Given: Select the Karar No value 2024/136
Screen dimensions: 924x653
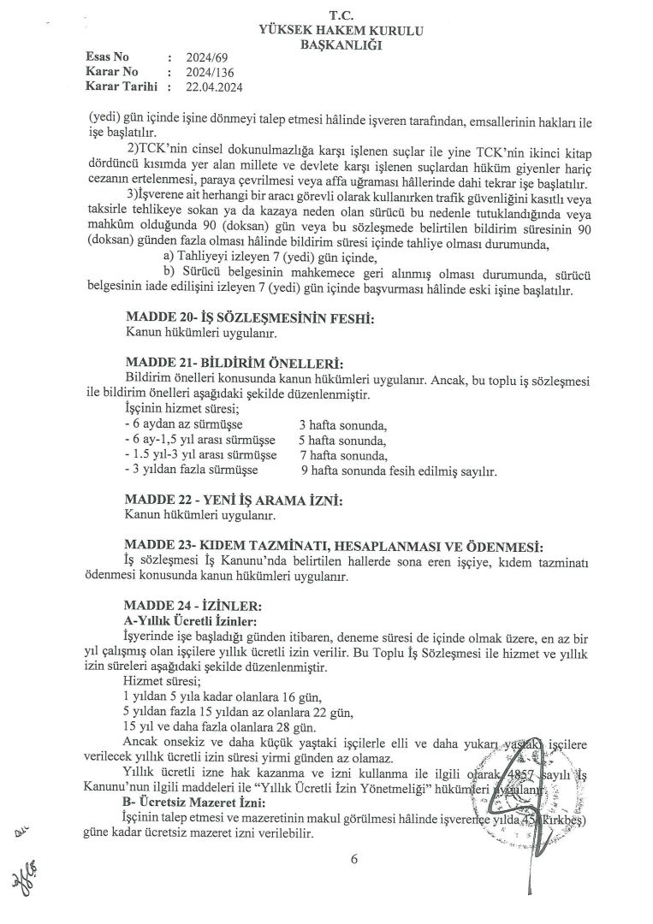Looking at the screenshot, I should point(194,72).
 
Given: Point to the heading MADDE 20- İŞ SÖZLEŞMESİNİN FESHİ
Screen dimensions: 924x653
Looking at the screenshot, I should point(251,318).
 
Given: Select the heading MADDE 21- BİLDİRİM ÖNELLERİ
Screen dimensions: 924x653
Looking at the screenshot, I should point(234,363).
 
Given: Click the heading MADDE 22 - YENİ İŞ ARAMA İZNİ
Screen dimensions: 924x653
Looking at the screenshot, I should point(234,500).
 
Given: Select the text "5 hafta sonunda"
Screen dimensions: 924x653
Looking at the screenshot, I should point(342,441).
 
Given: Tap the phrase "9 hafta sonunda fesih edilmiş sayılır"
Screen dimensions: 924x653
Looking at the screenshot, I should point(399,471).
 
